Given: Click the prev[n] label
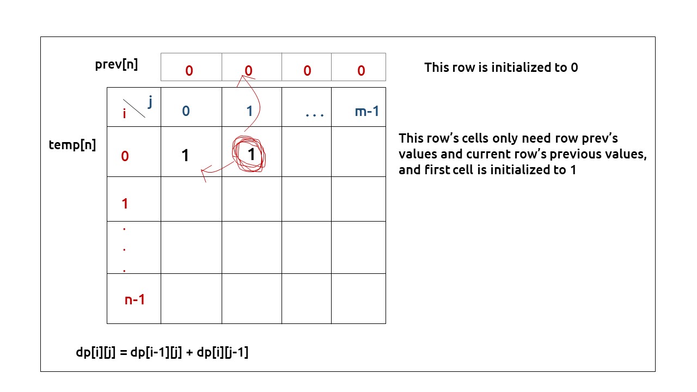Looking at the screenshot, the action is (116, 64).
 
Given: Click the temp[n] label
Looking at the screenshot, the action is (72, 145).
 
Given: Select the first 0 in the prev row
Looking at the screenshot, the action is (189, 71).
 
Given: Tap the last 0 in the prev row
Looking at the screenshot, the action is (361, 71).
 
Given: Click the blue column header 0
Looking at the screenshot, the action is (186, 112).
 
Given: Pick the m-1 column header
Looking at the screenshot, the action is (366, 112).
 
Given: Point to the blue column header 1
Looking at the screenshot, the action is (249, 112).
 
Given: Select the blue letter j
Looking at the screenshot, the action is (150, 101).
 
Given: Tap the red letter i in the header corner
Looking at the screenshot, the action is (125, 114).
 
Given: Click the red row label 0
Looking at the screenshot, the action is (125, 157).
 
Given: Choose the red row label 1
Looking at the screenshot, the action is (125, 204).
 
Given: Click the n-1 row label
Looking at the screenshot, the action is (134, 299).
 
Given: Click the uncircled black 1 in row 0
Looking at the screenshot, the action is (185, 156).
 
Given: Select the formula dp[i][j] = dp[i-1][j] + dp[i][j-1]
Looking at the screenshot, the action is (162, 352).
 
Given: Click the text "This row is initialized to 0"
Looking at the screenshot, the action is (500, 68).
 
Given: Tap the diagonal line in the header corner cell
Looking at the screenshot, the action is (134, 108).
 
